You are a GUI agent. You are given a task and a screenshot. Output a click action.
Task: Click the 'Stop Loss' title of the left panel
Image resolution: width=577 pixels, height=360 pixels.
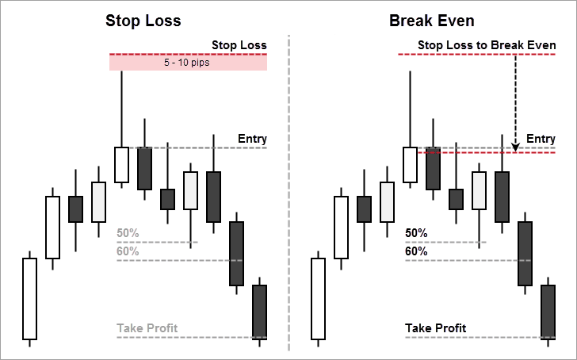tap(143, 21)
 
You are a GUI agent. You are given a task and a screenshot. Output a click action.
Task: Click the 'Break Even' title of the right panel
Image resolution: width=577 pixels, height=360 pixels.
tap(432, 21)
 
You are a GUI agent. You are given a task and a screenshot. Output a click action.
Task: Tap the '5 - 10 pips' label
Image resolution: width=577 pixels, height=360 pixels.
tap(188, 63)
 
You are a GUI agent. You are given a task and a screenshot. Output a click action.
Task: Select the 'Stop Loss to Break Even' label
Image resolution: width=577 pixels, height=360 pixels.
tap(486, 45)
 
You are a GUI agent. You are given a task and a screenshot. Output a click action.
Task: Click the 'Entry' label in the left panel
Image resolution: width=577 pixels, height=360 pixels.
tap(252, 139)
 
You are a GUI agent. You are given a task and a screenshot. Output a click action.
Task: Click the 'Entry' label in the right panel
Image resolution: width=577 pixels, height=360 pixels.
tap(541, 139)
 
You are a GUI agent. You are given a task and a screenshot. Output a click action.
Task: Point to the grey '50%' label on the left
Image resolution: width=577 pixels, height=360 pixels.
tap(128, 233)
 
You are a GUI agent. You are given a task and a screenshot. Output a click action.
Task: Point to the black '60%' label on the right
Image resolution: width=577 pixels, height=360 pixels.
tap(416, 251)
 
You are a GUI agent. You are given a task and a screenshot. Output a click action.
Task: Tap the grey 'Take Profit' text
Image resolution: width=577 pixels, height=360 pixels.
tap(147, 327)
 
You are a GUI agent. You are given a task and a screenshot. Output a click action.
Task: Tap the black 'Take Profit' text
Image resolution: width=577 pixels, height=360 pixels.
tap(435, 327)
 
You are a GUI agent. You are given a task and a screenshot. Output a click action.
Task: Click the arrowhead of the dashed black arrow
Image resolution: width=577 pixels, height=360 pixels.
tap(515, 147)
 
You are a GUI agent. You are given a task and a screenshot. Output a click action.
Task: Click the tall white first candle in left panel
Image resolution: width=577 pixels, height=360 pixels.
tap(29, 297)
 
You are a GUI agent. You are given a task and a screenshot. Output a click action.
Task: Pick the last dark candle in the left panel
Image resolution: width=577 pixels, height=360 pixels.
tap(259, 311)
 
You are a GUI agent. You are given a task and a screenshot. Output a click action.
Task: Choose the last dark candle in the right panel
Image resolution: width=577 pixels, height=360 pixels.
tap(548, 311)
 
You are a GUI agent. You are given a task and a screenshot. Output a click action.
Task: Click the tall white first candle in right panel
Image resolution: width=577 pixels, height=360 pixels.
tap(318, 297)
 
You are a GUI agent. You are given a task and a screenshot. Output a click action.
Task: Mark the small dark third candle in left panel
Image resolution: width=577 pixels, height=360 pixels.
tap(75, 209)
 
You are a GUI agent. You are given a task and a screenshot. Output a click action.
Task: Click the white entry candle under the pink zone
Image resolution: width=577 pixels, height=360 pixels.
tap(121, 164)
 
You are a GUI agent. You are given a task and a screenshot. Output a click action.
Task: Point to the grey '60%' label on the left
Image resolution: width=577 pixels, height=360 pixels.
tap(128, 251)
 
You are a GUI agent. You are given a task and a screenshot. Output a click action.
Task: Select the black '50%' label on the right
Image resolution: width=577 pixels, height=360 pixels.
tap(416, 233)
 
